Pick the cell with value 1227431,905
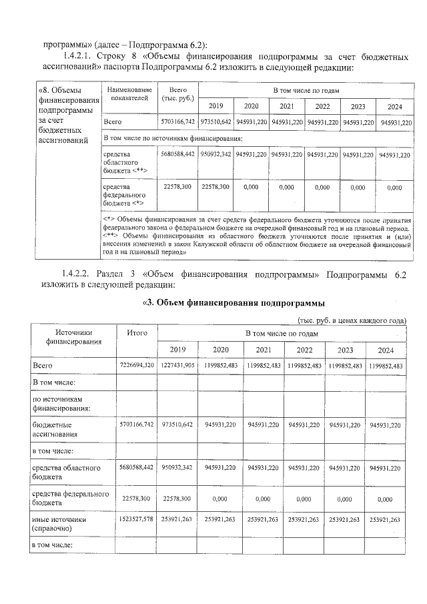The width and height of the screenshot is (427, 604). tap(177, 366)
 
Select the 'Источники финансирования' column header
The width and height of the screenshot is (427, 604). tap(73, 337)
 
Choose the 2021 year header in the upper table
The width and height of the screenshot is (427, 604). tap(287, 106)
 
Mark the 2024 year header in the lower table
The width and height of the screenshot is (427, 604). tap(386, 350)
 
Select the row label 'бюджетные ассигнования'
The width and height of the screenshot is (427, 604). tap(57, 428)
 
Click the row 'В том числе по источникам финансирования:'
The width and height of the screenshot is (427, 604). tap(172, 138)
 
